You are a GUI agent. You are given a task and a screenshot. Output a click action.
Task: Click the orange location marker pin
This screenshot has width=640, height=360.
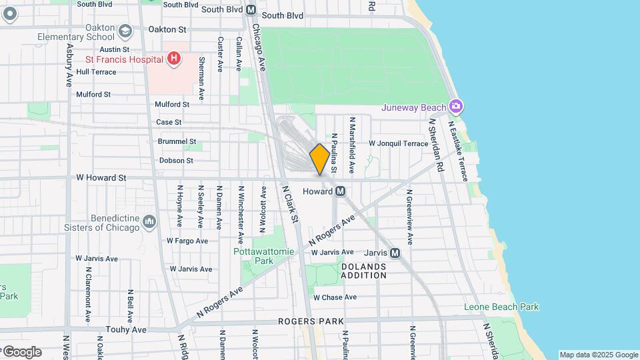click(319, 159)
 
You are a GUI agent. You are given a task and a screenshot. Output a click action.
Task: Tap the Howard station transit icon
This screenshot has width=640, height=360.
click(340, 191)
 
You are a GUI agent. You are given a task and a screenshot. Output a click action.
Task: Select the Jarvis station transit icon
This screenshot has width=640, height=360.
click(395, 253)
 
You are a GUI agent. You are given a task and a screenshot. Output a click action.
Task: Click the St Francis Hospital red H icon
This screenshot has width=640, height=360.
click(173, 59)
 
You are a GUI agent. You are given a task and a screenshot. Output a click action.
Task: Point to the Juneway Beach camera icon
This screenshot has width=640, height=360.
click(456, 107)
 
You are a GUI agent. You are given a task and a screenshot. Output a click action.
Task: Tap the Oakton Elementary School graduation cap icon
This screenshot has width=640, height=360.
click(125, 31)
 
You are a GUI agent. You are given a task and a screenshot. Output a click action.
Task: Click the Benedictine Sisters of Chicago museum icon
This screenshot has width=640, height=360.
click(149, 221)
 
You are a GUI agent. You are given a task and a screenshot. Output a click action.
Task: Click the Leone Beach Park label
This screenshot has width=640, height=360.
click(501, 307)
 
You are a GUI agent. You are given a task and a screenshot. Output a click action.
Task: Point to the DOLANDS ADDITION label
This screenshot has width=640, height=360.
click(364, 270)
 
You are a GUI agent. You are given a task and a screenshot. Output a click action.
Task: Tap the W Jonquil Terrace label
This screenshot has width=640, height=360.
click(399, 143)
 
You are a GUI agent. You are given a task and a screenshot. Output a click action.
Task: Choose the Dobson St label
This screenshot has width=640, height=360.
click(176, 160)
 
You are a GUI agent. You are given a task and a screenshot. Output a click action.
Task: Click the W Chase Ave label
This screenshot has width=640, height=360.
click(335, 297)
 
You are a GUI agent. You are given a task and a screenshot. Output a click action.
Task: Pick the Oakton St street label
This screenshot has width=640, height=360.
click(167, 29)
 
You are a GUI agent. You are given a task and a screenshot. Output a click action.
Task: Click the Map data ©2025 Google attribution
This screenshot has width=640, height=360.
click(599, 355)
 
